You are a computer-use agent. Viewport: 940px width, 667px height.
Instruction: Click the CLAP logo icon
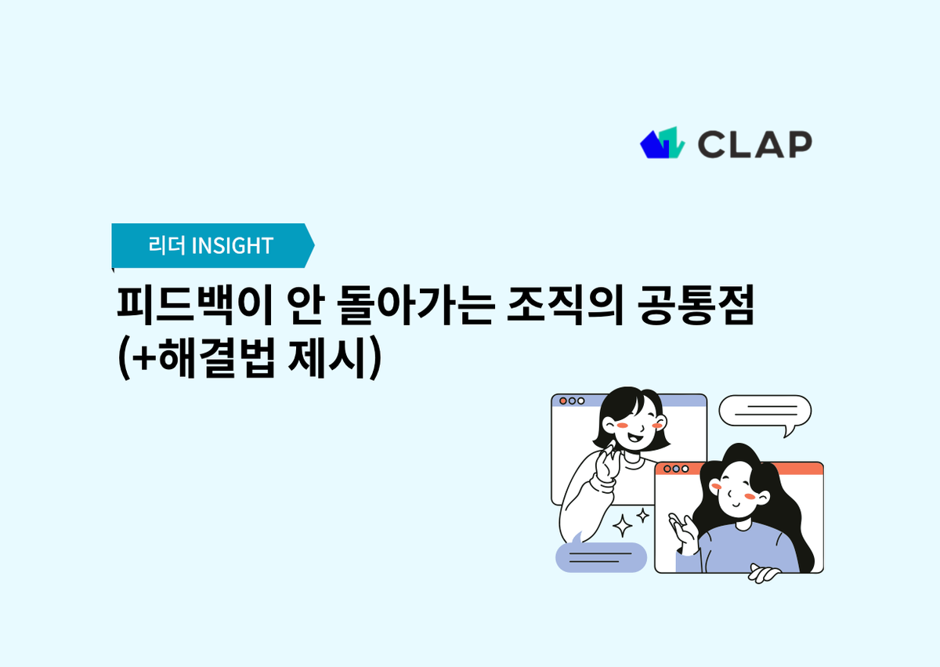(662, 143)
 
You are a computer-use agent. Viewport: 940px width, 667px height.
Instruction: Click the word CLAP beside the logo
(754, 144)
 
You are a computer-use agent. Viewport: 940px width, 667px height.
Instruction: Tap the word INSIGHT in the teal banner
(232, 245)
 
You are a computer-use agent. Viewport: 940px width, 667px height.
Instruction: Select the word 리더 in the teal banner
(166, 245)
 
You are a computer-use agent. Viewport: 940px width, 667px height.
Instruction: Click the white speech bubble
(765, 411)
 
